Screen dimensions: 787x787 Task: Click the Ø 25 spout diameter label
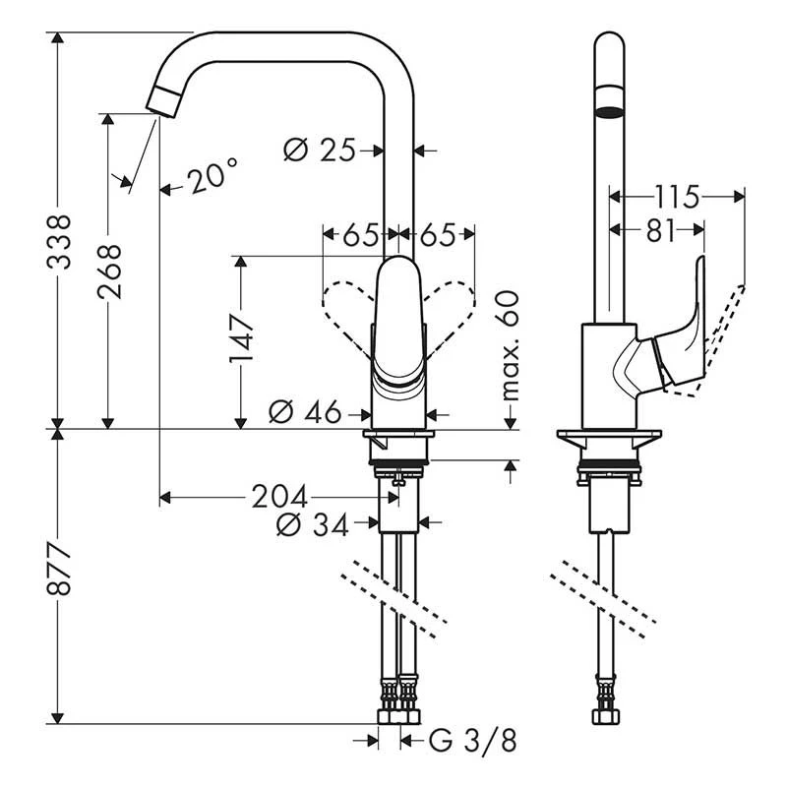coord(319,151)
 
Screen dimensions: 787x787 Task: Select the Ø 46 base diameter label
coord(306,411)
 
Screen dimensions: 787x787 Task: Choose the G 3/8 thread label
coord(472,740)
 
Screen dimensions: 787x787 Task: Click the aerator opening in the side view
coord(610,110)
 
